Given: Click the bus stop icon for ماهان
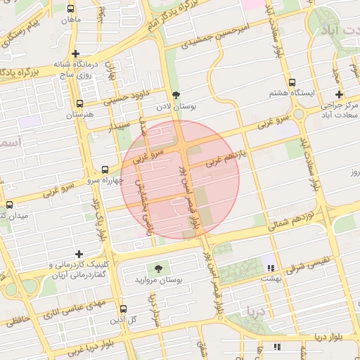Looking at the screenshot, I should [70, 9].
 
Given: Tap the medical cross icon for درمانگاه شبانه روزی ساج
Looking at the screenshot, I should [76, 53].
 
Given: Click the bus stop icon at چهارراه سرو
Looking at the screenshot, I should [105, 169].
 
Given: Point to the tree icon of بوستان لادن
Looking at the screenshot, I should [176, 95].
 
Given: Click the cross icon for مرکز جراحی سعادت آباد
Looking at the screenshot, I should [339, 94].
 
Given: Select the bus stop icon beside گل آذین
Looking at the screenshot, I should [124, 309].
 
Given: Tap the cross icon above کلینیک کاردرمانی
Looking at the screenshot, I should [79, 254].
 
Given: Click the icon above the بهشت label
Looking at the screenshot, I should [270, 266].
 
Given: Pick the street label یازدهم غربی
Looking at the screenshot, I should [225, 158].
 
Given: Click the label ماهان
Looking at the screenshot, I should [70, 20].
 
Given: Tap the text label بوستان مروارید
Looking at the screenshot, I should [159, 280].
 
